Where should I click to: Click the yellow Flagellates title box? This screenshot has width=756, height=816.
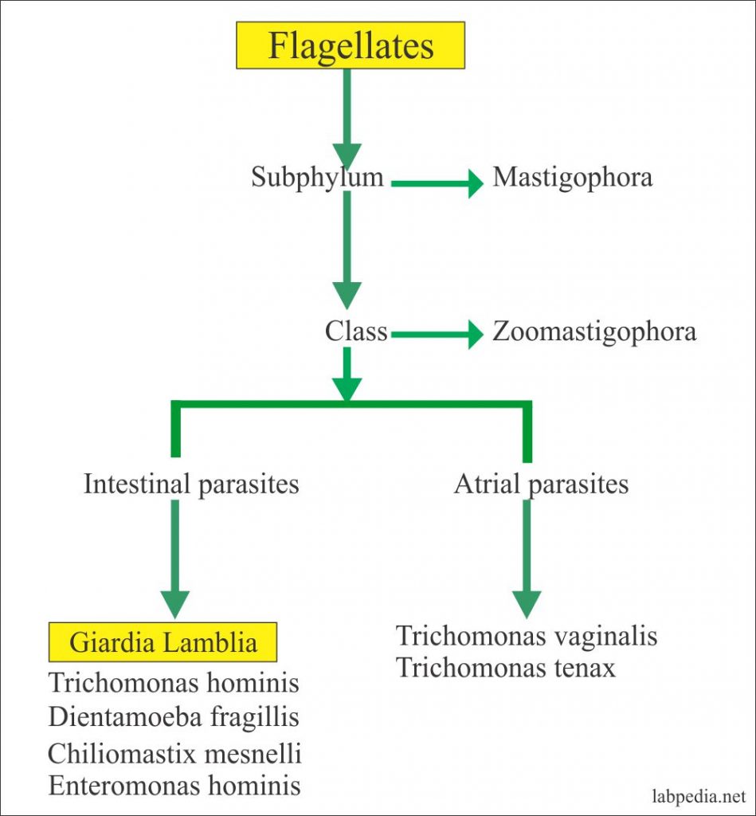[351, 45]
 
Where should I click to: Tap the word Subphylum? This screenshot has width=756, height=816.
[317, 177]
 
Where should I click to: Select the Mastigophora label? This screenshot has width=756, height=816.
[572, 177]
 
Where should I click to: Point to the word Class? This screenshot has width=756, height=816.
[355, 331]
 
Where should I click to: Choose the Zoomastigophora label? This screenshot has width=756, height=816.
[593, 331]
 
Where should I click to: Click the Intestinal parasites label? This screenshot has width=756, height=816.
[191, 484]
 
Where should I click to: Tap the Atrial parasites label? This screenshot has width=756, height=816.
[541, 484]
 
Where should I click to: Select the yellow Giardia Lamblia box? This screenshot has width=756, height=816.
[163, 642]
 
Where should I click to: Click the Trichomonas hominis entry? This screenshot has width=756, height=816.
[174, 683]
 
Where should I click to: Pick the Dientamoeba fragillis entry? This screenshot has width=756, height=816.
[174, 717]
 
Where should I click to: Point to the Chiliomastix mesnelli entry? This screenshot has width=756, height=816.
[174, 752]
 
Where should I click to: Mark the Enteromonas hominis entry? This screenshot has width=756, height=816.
[174, 786]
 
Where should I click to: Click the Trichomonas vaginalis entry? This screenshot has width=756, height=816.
[527, 637]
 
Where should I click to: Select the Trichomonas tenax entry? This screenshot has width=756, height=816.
[506, 668]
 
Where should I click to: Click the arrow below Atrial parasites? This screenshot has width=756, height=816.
[527, 558]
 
